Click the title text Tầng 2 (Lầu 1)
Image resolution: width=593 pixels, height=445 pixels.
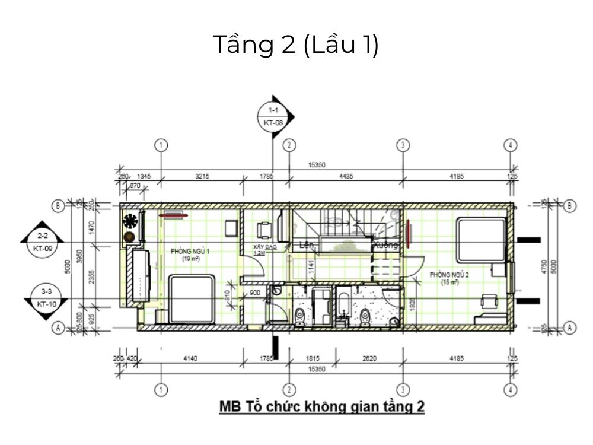pyautogui.click(x=296, y=46)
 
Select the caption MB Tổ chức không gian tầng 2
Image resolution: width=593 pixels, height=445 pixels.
pyautogui.click(x=322, y=407)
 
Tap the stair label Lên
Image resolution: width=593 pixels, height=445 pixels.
pyautogui.click(x=306, y=244)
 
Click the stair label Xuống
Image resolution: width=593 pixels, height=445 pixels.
pyautogui.click(x=385, y=244)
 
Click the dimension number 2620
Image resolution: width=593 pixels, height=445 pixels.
pyautogui.click(x=369, y=358)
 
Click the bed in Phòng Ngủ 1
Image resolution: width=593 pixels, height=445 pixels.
pyautogui.click(x=192, y=298)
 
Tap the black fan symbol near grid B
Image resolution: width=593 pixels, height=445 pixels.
pyautogui.click(x=130, y=221)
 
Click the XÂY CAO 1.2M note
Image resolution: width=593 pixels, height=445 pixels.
pyautogui.click(x=260, y=249)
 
